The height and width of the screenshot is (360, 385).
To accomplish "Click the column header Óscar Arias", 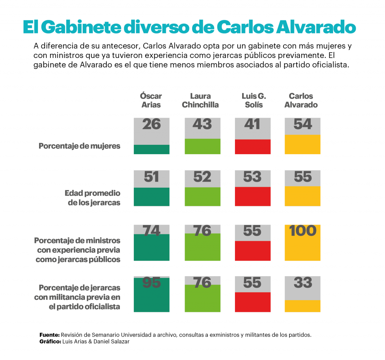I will click(151, 100).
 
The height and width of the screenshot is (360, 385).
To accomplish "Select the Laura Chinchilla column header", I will click(200, 100).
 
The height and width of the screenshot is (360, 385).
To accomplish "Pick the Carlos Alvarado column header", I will click(301, 100).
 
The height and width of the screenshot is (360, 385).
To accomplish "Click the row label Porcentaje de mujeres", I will click(80, 146).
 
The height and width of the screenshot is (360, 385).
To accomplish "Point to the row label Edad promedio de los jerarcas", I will click(92, 198).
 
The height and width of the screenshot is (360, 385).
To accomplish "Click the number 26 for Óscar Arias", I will click(152, 125).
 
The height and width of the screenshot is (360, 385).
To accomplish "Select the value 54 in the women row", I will click(303, 125).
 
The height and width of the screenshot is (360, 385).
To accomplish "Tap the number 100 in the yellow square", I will click(303, 231).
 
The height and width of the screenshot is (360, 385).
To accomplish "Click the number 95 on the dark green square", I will click(152, 283).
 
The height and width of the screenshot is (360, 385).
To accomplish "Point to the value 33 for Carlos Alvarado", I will click(303, 283).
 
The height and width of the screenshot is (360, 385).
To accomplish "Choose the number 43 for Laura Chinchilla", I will click(202, 125).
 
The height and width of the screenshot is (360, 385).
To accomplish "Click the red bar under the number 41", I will click(253, 147).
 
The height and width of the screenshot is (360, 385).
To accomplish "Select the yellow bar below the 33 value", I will click(303, 306).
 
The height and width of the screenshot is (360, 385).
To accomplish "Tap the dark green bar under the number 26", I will click(152, 149).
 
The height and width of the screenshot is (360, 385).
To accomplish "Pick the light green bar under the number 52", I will click(202, 196).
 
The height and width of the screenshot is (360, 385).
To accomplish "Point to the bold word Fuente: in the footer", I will click(49, 335).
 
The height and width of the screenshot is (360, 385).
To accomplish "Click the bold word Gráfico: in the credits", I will click(50, 342).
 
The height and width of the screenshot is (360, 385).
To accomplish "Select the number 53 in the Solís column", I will click(253, 177).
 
